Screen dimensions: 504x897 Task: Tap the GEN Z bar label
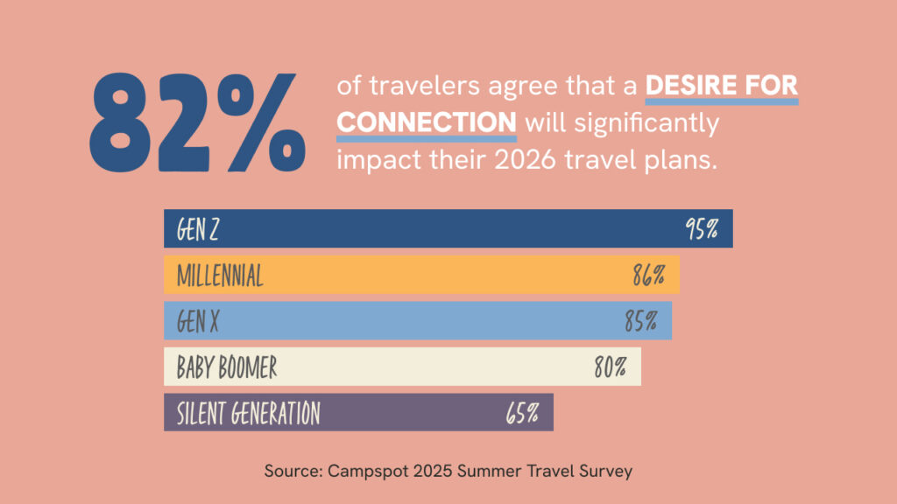(x=197, y=230)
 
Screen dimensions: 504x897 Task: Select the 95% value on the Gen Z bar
(x=702, y=230)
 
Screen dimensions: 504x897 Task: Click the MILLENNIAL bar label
(x=220, y=276)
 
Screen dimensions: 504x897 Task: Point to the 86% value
(x=649, y=276)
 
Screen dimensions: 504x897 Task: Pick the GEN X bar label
(x=197, y=321)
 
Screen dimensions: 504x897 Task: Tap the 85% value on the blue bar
(x=641, y=321)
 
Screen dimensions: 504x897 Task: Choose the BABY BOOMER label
(x=227, y=367)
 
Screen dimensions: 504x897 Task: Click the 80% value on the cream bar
(x=610, y=367)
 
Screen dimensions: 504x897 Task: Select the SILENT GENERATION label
(x=249, y=412)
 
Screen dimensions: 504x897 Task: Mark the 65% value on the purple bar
(x=522, y=412)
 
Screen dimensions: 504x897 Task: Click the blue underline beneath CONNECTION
(x=427, y=137)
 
